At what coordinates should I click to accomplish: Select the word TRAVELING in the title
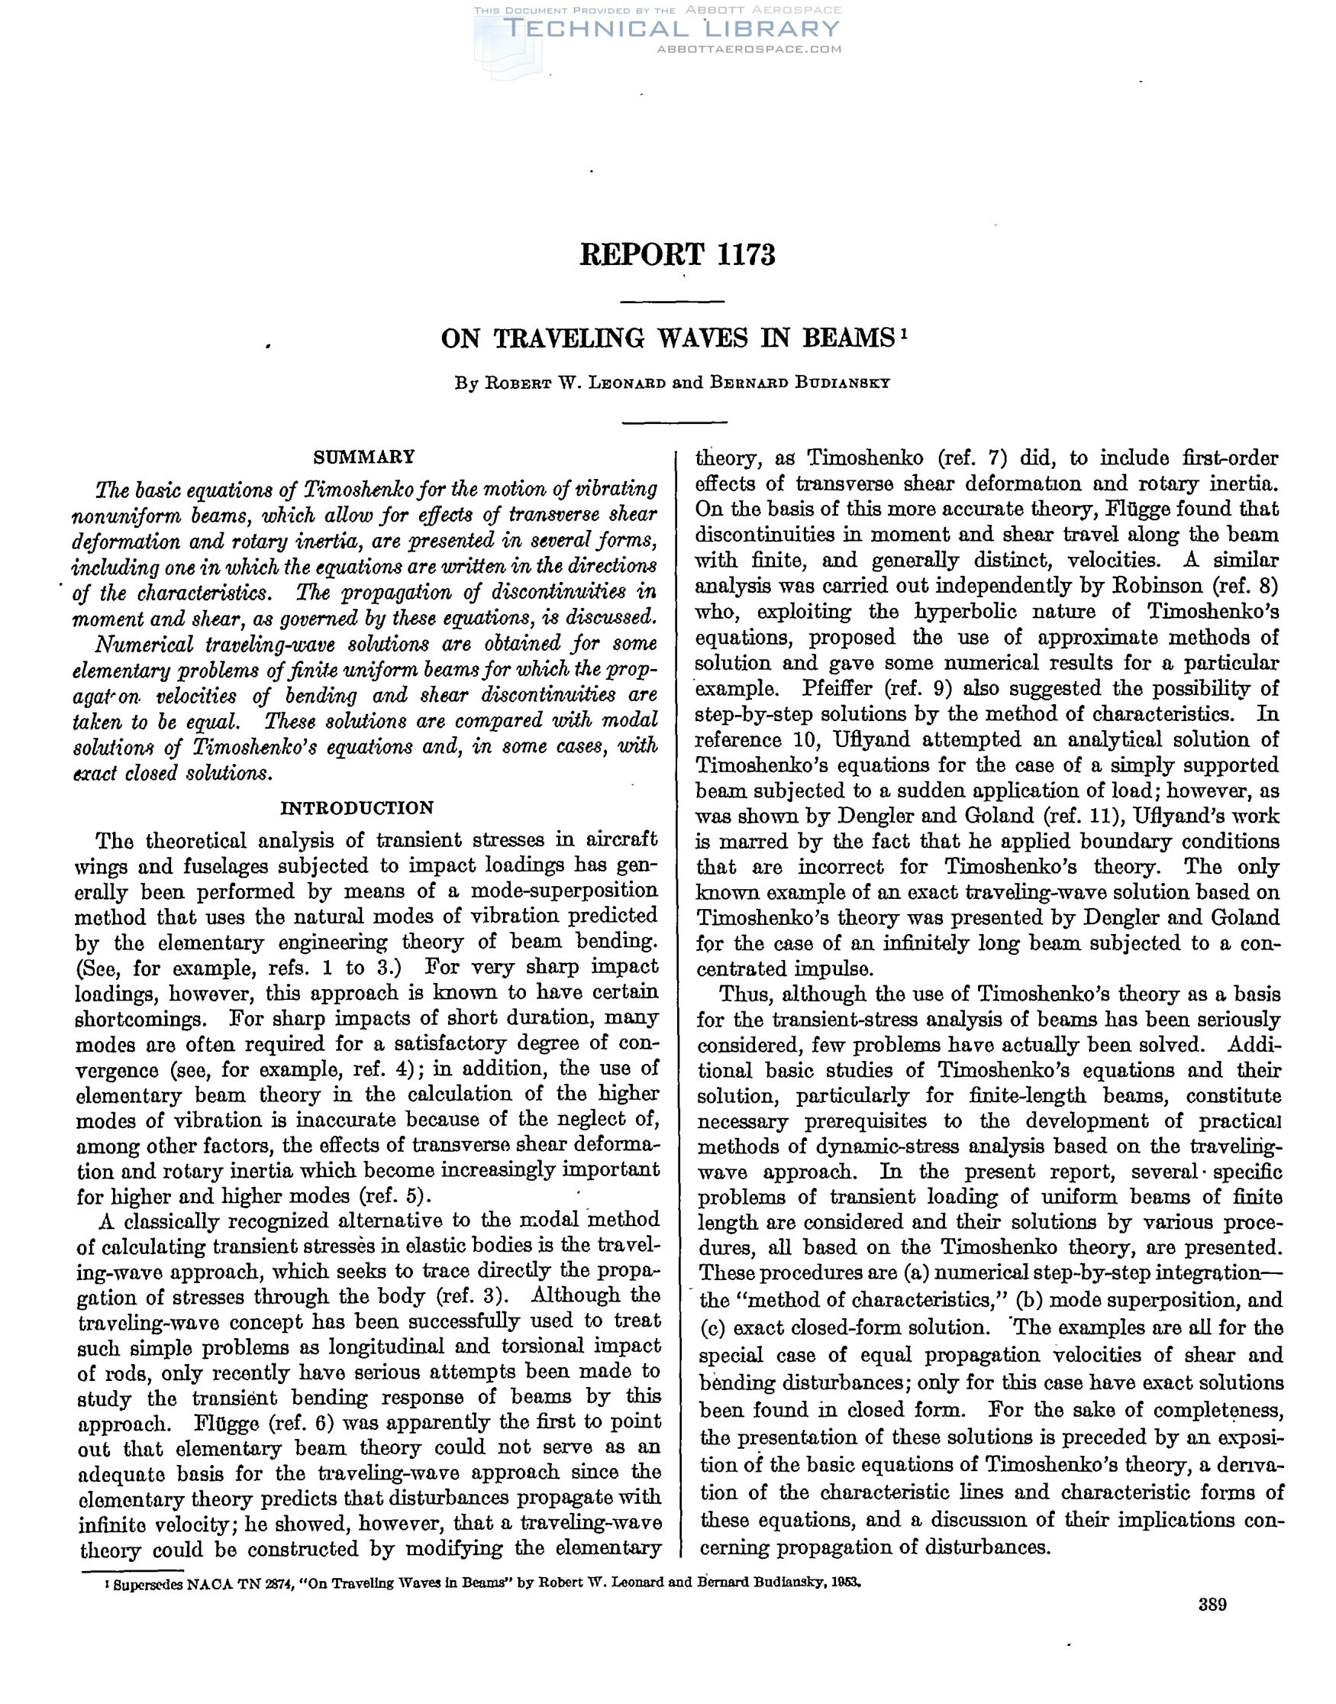(572, 339)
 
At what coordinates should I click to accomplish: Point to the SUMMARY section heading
(363, 457)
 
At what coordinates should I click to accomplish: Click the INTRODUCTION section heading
(357, 808)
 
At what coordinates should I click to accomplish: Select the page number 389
(1212, 1605)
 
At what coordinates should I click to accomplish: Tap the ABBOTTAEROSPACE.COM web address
(750, 50)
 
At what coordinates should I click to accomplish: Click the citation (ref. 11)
(1086, 816)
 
